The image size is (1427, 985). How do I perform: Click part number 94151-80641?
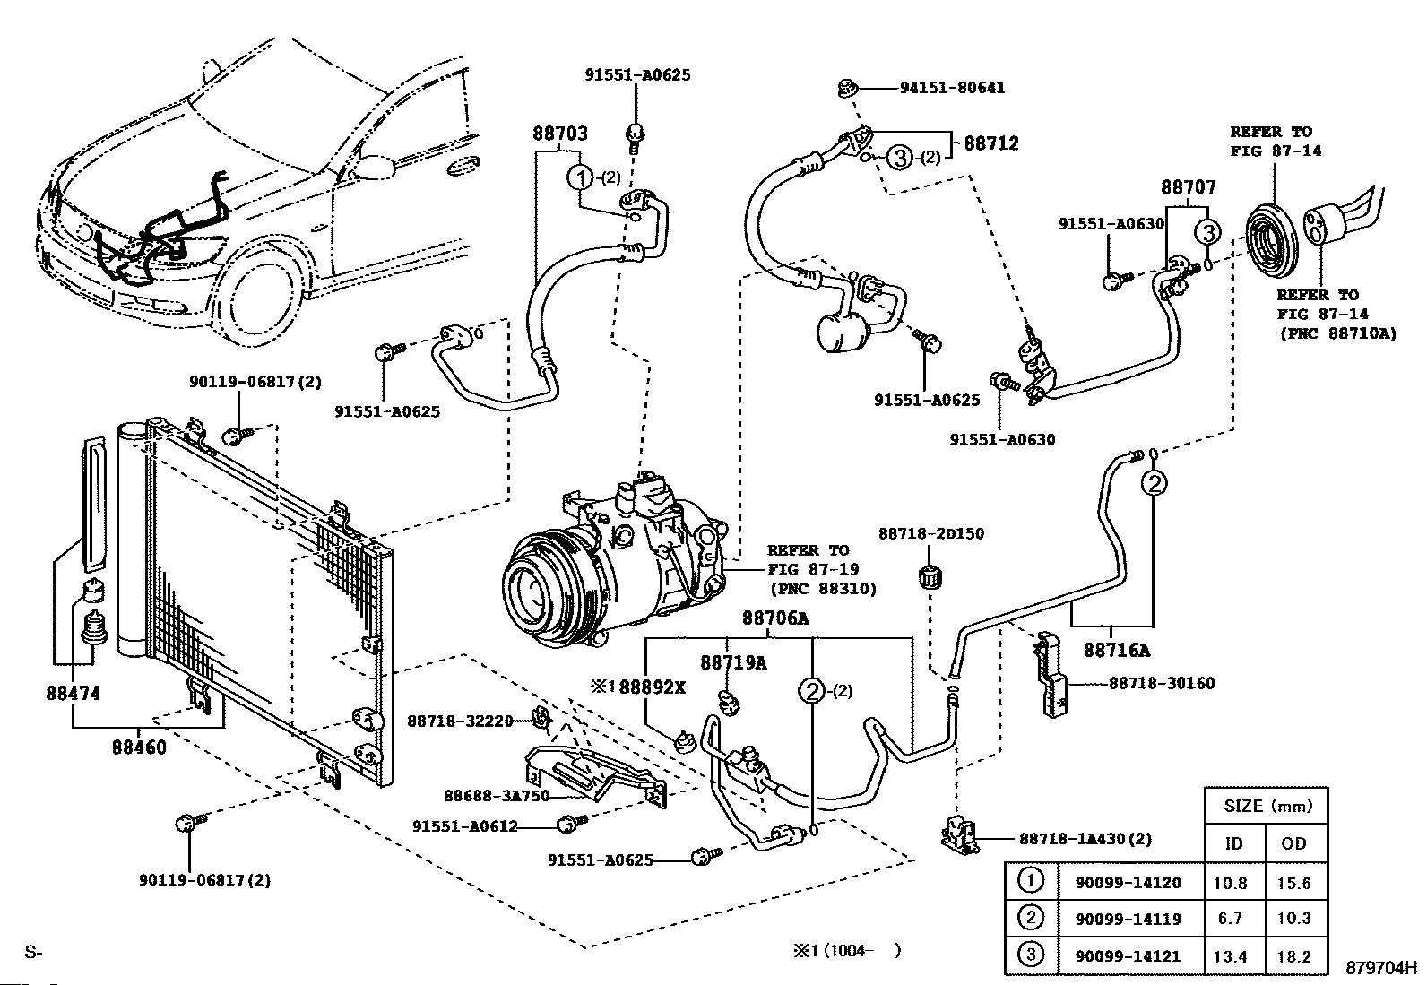(953, 88)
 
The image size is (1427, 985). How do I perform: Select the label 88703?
(560, 134)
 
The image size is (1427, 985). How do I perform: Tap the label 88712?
(991, 143)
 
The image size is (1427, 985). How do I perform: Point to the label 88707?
(1189, 187)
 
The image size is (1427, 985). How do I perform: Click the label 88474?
(73, 693)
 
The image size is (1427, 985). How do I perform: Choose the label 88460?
(139, 746)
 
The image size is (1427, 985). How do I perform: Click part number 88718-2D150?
(930, 533)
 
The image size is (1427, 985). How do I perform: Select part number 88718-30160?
(1162, 683)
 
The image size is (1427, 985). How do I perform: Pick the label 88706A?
(775, 618)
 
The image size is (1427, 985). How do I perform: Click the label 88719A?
(733, 662)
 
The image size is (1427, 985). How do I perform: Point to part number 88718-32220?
(460, 721)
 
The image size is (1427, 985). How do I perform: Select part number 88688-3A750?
(497, 795)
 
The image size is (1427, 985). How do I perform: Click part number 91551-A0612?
(465, 825)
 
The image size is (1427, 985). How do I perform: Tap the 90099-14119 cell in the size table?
(1128, 919)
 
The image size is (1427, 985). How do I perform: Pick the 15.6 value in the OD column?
(1293, 883)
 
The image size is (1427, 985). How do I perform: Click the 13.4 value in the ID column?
(1230, 956)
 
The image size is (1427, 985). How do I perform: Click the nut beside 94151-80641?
(846, 88)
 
